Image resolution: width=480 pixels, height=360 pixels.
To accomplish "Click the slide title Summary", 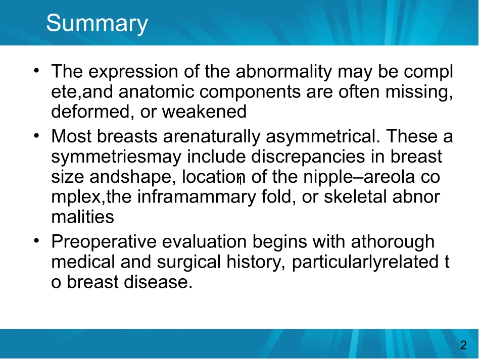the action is [97, 24].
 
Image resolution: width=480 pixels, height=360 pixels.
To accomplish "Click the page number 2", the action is [463, 345].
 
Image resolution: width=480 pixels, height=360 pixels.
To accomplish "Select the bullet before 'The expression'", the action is [37, 71].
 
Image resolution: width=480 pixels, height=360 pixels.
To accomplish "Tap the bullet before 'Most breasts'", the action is [37, 135].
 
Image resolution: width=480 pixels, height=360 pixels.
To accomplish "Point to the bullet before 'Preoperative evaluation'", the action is [37, 241].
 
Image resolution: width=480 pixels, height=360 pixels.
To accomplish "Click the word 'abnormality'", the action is [284, 71].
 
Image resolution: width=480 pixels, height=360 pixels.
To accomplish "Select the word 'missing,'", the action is [419, 92].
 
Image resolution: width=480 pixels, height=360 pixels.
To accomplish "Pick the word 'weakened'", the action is [204, 112].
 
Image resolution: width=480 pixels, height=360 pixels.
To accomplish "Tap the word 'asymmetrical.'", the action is [323, 137].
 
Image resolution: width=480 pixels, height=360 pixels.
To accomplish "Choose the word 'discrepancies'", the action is [308, 157].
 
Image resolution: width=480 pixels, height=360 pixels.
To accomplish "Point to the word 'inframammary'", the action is [197, 197].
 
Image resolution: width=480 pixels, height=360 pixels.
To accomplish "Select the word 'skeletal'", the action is [355, 197].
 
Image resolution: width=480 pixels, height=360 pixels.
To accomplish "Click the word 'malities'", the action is [83, 217].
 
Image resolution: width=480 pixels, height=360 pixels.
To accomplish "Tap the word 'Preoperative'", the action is [104, 242].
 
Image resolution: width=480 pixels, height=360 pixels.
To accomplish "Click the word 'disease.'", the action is [158, 282].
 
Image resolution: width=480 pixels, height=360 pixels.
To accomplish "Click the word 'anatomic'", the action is [156, 92].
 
